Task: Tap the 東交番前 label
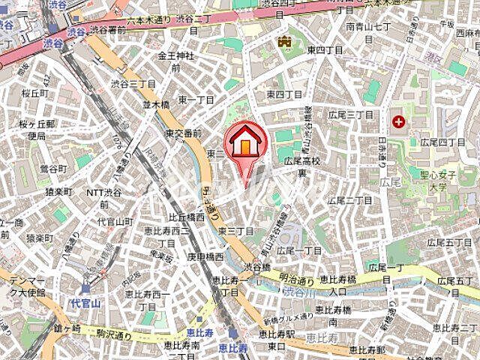pos(183,133)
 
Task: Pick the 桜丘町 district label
pos(35,94)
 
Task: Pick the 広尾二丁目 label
pos(352,200)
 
